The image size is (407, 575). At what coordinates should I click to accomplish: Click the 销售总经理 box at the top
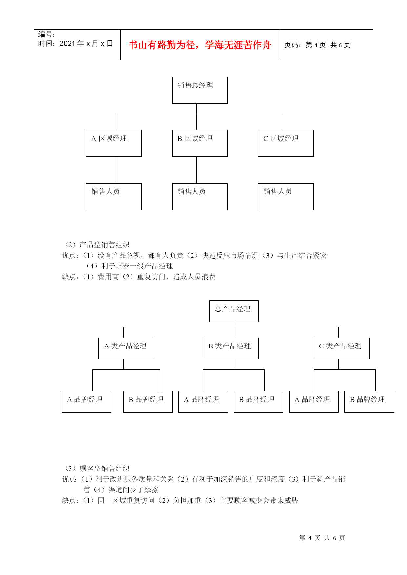[x=200, y=90]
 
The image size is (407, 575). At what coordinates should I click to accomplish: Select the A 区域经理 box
[x=113, y=143]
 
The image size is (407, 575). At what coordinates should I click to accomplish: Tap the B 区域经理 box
[x=200, y=143]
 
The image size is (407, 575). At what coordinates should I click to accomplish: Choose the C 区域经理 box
[x=286, y=143]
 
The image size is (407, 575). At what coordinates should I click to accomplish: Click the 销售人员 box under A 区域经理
[x=113, y=197]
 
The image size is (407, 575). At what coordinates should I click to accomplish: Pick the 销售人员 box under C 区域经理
[x=286, y=197]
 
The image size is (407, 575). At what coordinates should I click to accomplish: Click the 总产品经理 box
[x=234, y=311]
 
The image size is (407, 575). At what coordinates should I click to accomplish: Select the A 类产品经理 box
[x=126, y=348]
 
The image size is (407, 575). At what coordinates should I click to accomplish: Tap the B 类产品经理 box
[x=231, y=348]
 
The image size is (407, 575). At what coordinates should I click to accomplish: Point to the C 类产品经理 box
[x=341, y=348]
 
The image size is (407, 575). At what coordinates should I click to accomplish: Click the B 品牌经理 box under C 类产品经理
[x=369, y=402]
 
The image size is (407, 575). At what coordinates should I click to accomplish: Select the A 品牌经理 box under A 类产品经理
[x=86, y=402]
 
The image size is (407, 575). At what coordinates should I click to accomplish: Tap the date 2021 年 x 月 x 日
[x=75, y=44]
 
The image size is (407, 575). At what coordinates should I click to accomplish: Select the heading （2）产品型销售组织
[x=96, y=245]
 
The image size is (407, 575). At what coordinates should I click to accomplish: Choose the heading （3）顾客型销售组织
[x=96, y=468]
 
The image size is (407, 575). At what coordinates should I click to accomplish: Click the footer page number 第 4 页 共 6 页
[x=322, y=538]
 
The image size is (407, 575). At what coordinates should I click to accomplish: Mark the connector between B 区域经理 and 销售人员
[x=197, y=170]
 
